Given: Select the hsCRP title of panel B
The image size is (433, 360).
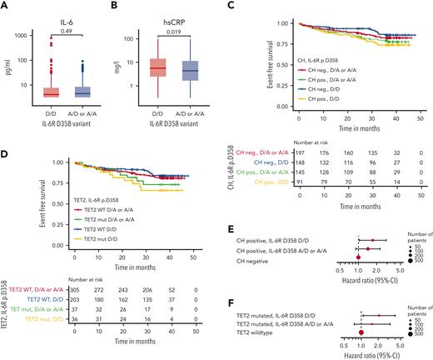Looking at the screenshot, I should coord(168,16).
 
